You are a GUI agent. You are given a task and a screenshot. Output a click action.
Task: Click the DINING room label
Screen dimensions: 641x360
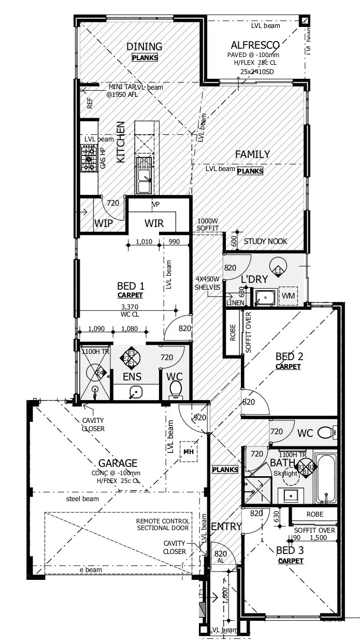coord(145,47)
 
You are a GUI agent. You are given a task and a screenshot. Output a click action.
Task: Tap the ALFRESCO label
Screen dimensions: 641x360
coord(255,45)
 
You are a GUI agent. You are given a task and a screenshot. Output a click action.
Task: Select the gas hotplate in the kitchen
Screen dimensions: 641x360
coord(88,159)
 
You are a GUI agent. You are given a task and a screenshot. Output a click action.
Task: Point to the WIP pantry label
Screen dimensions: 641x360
coord(104,223)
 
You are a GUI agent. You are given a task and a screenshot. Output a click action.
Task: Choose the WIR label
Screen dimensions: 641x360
coord(154,223)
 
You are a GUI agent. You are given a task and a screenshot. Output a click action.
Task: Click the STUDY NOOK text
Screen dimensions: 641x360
coord(265,241)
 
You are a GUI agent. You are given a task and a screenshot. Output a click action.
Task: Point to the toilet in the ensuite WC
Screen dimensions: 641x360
coord(176,388)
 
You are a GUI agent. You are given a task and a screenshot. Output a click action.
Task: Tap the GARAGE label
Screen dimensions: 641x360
coord(119,463)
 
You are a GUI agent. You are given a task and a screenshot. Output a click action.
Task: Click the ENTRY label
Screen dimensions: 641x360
coord(226,526)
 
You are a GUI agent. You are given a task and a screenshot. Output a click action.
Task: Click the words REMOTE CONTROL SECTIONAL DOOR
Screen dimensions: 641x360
coord(163,524)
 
